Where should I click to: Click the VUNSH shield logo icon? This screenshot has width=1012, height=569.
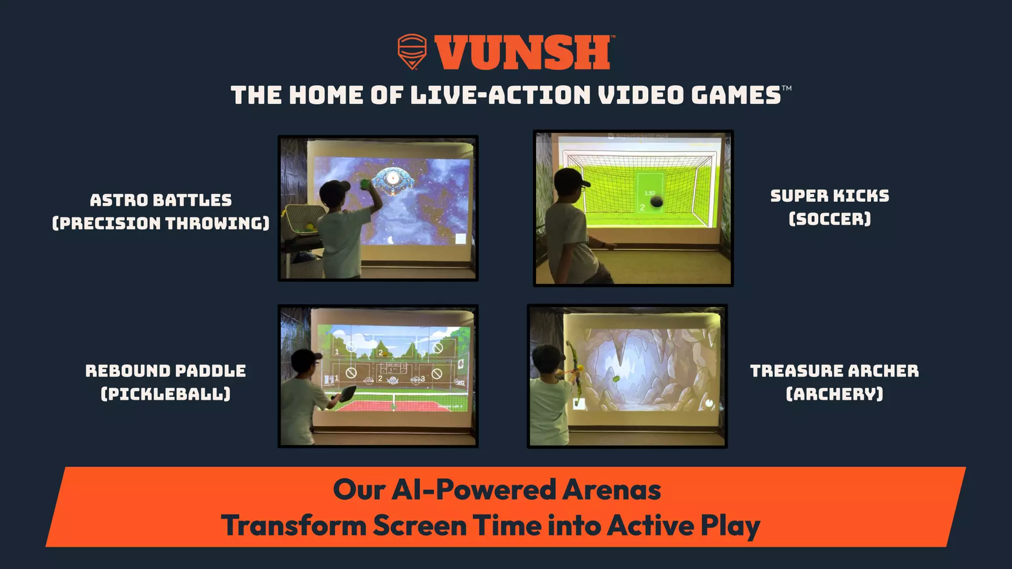412,51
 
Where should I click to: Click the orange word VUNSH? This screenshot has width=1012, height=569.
522,53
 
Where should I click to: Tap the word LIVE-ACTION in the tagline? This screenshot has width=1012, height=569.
500,96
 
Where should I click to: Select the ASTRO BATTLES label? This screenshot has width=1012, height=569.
161,200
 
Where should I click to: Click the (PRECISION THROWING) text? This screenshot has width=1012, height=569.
161,224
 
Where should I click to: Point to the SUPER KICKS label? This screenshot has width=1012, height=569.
829,196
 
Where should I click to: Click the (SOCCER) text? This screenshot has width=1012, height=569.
829,219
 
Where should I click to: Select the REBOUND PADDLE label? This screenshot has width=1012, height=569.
165,371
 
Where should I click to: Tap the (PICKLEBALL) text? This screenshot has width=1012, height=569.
165,394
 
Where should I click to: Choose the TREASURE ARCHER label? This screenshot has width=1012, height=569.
834,371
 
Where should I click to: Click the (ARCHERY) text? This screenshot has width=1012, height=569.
834,394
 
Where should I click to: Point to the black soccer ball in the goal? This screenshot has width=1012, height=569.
656,202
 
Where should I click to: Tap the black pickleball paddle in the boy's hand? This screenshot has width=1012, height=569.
347,393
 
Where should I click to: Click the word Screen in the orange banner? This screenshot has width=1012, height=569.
419,526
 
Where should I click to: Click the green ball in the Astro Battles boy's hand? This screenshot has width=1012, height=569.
365,183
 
